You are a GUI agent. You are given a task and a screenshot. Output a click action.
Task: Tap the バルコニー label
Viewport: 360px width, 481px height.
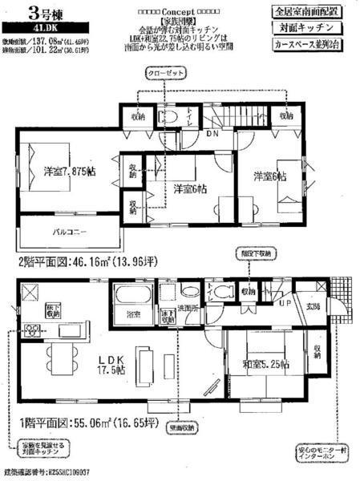[x=69, y=233]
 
